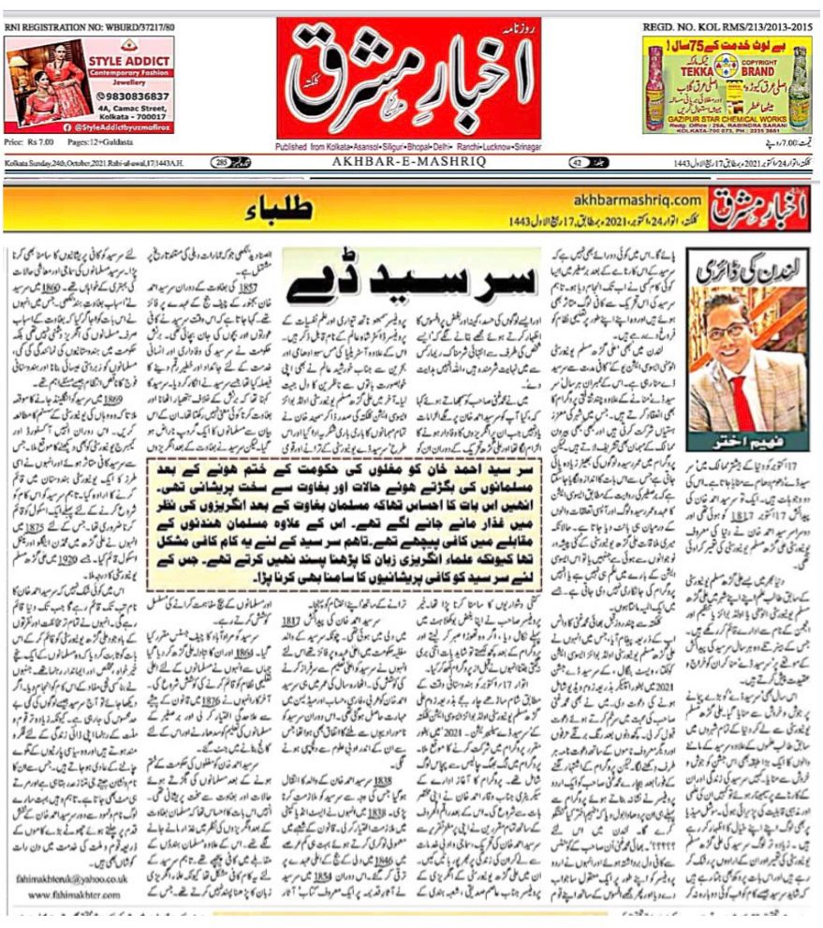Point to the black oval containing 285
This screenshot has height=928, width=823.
(x=223, y=162)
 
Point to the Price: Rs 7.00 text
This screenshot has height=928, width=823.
(x=27, y=141)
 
